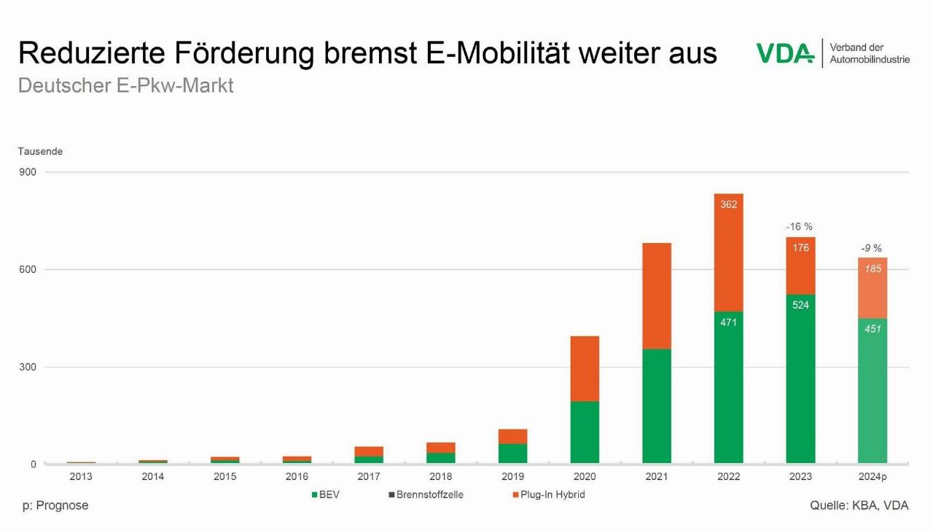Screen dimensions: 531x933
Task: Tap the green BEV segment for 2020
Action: [585, 432]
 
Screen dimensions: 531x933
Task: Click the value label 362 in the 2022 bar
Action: [728, 205]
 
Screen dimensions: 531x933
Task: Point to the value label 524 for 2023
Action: [800, 305]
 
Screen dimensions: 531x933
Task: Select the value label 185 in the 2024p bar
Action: [873, 269]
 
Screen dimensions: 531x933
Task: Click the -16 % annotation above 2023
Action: [799, 227]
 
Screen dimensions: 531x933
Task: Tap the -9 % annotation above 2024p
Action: [871, 248]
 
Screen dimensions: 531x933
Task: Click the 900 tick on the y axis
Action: [28, 172]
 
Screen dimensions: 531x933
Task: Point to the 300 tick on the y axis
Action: [28, 367]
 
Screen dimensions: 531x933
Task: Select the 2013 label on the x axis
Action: [81, 477]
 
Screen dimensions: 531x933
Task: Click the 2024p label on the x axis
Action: [873, 477]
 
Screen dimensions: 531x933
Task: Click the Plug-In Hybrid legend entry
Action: [547, 495]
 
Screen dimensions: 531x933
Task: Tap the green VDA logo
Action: [784, 53]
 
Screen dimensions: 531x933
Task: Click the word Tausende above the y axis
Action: [40, 152]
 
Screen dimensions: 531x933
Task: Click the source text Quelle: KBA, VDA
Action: [859, 505]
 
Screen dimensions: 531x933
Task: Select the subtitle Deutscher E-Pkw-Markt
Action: [125, 85]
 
